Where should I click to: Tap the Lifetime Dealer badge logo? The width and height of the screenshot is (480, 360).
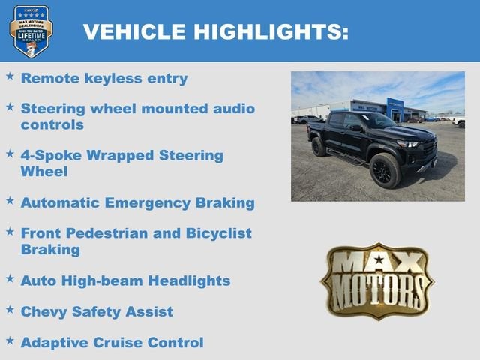[x=31, y=31]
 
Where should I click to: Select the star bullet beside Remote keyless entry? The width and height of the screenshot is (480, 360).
[x=10, y=76]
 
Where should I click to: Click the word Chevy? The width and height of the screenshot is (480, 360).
[x=43, y=311]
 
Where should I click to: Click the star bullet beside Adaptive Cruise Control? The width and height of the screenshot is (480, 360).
[x=10, y=340]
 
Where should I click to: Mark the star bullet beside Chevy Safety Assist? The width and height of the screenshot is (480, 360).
[x=10, y=309]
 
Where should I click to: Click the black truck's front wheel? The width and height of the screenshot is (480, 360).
[x=384, y=170]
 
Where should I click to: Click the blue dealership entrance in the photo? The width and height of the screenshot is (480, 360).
[x=395, y=109]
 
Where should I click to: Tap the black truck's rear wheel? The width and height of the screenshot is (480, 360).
[x=319, y=146]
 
